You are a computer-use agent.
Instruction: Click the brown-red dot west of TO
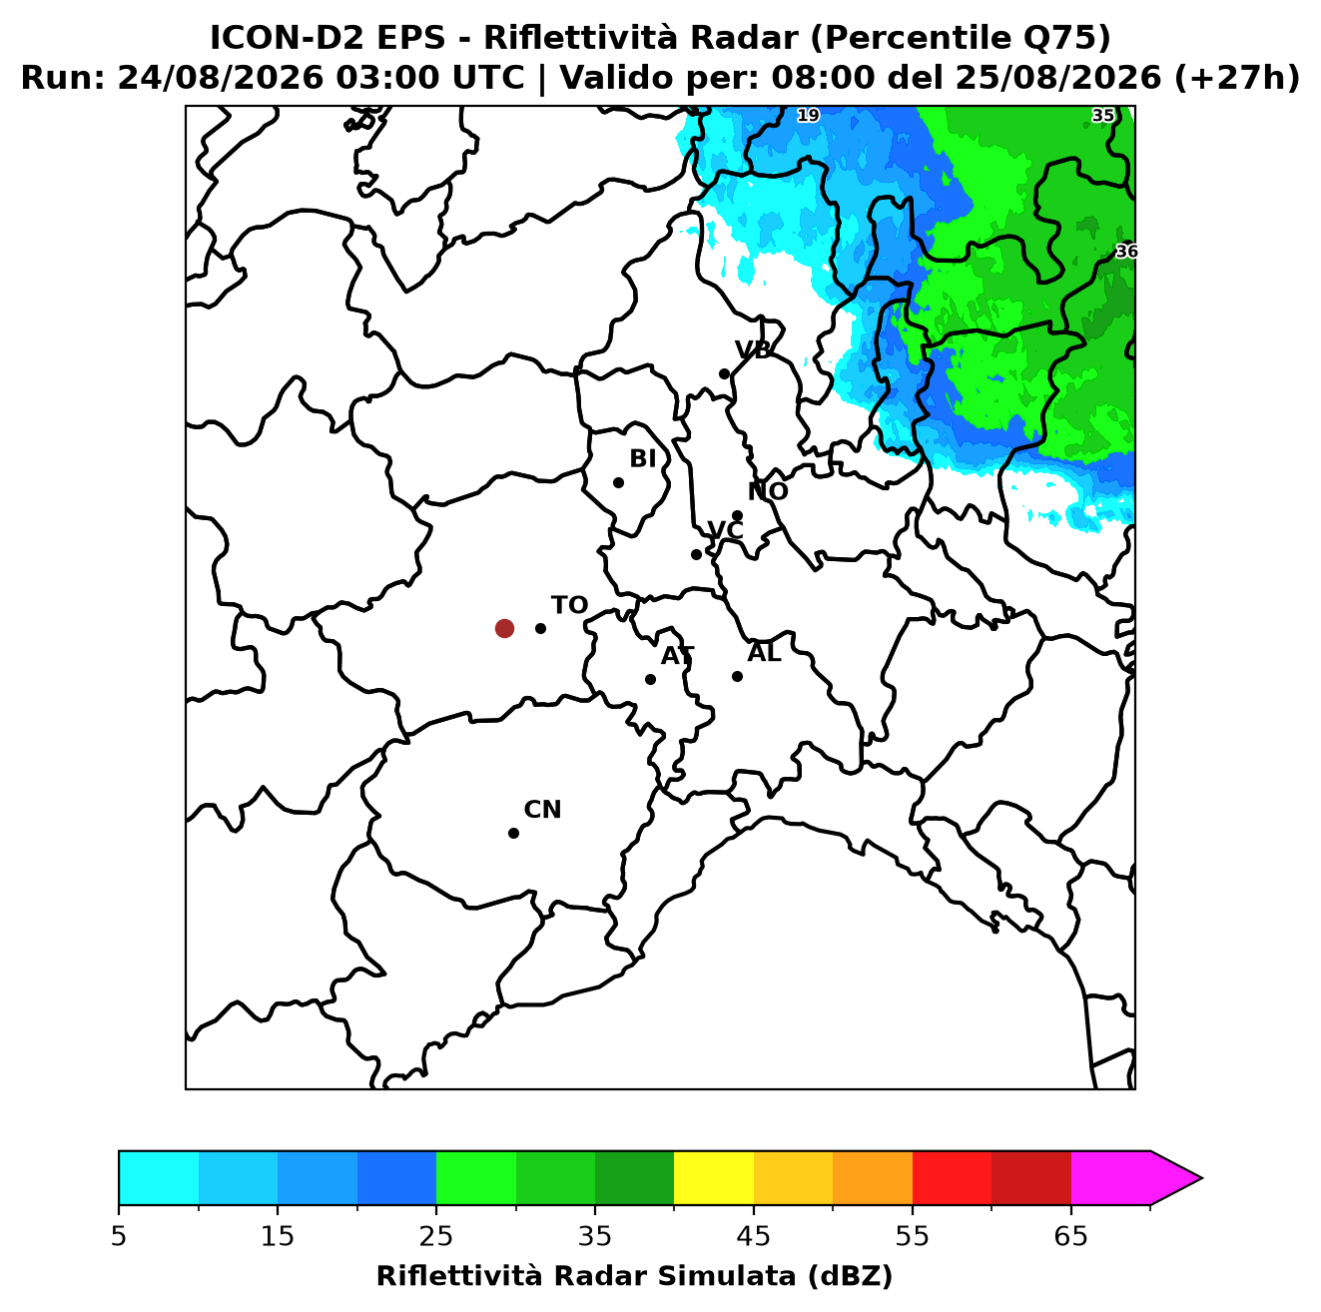[504, 627]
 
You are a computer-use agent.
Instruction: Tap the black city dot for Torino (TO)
[540, 628]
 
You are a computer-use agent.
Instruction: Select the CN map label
[542, 810]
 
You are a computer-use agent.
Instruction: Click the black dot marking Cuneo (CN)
[513, 833]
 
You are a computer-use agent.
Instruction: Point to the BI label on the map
[642, 458]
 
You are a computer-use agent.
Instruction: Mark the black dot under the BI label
[618, 483]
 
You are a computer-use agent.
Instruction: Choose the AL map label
[764, 652]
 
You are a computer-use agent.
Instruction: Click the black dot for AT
[650, 679]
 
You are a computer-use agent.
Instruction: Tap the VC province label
[725, 529]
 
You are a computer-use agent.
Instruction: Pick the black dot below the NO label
[737, 515]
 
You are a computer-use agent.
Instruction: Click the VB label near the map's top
[753, 349]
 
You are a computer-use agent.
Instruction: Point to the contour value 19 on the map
[808, 115]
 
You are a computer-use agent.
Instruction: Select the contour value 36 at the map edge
[1125, 252]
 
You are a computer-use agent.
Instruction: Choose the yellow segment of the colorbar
[713, 1177]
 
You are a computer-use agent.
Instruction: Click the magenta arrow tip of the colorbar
[1201, 1178]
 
